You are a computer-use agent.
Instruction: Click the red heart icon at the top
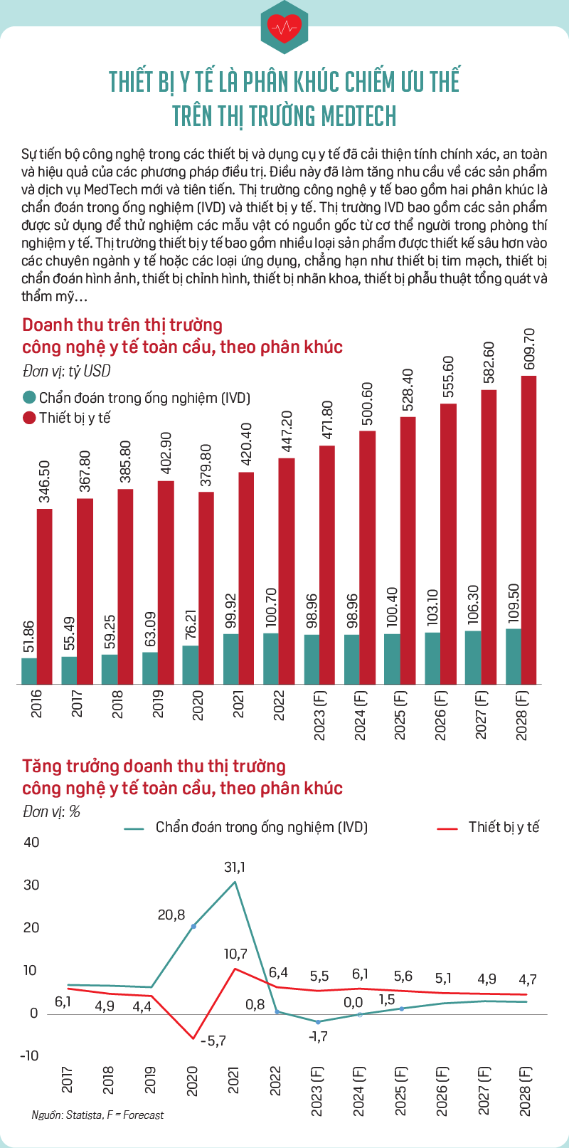[x=284, y=28]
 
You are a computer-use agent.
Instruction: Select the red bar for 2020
[x=206, y=588]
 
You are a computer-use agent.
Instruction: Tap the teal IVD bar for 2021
[x=231, y=659]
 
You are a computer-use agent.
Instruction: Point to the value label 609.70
[x=530, y=349]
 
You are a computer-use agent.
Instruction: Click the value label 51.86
[x=28, y=636]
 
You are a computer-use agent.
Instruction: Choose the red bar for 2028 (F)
[x=528, y=530]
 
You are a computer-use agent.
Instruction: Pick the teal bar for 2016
[x=28, y=671]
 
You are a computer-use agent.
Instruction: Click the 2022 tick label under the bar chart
[x=278, y=705]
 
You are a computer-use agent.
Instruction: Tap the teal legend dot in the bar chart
[x=29, y=397]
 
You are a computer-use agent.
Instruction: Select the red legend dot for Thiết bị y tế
[x=29, y=418]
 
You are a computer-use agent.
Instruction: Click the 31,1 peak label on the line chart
[x=235, y=867]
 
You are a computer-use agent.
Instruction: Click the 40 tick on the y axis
[x=31, y=842]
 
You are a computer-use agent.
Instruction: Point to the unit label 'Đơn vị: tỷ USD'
[x=67, y=371]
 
